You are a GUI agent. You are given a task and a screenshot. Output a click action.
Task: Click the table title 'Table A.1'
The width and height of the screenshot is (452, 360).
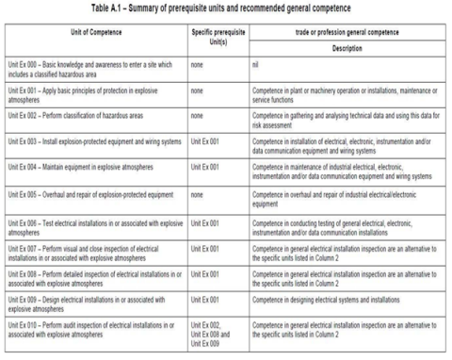point(226,8)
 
